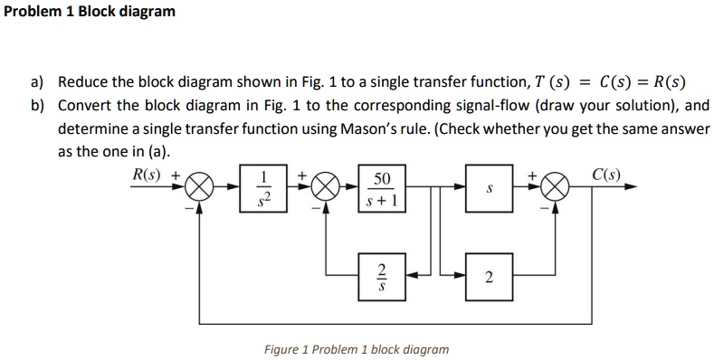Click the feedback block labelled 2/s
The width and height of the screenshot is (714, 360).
tap(382, 275)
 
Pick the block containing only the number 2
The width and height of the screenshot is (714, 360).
tap(489, 275)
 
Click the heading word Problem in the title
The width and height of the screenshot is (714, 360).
tap(33, 13)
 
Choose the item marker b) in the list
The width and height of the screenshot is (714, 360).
tap(37, 106)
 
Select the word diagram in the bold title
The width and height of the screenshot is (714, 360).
tap(148, 13)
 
